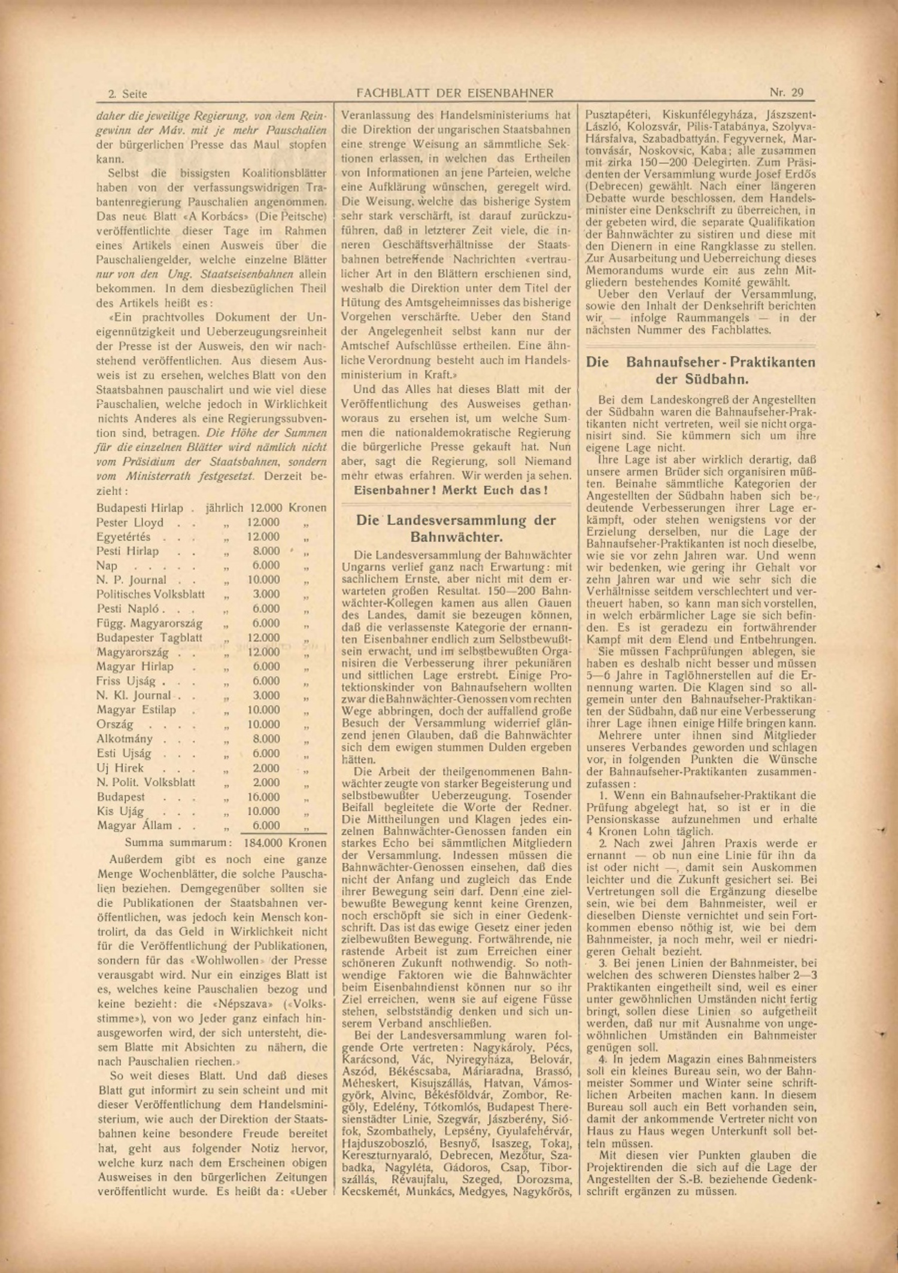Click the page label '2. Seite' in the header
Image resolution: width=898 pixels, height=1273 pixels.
(x=128, y=93)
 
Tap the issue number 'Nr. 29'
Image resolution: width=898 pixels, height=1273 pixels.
(x=786, y=92)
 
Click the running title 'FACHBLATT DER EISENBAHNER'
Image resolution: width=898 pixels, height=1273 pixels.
(x=454, y=93)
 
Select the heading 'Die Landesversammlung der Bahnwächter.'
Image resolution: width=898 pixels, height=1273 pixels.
(x=456, y=528)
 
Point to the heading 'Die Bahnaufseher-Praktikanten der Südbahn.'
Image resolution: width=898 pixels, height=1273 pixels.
(x=700, y=370)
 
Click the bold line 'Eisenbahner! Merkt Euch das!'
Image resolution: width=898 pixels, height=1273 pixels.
(x=450, y=491)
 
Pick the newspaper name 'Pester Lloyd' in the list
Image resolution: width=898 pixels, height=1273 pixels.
(x=130, y=522)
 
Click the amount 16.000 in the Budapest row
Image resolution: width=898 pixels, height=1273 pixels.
(x=263, y=797)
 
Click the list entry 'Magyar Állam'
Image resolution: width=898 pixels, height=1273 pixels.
(x=134, y=826)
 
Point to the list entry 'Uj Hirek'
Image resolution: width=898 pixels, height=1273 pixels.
(x=120, y=768)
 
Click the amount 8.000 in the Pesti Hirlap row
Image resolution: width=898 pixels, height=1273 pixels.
(x=265, y=551)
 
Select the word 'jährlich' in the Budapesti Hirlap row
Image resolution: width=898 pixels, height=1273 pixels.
(x=224, y=508)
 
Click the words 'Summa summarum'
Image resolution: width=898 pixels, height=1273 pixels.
(x=178, y=843)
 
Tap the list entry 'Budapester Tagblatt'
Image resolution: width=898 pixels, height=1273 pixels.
(x=149, y=638)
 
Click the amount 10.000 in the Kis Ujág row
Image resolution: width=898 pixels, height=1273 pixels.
(x=263, y=812)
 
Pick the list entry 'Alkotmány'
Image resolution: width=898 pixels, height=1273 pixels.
(x=125, y=739)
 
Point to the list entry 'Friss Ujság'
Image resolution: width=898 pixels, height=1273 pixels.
(x=126, y=681)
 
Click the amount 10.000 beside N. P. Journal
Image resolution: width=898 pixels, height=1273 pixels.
(x=263, y=580)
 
